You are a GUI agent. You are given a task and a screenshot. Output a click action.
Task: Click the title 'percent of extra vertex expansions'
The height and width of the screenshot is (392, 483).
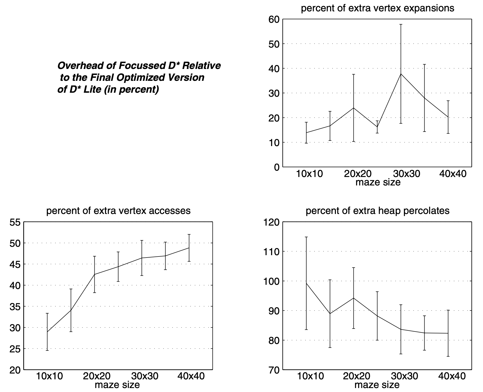click(x=377, y=8)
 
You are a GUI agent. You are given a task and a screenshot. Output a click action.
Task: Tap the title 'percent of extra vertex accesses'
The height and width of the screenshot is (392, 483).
click(x=118, y=211)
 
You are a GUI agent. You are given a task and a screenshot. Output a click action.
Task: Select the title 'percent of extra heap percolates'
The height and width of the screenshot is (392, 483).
click(x=377, y=211)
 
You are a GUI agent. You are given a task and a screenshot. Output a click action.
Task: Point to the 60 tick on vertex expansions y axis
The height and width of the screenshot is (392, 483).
click(x=274, y=19)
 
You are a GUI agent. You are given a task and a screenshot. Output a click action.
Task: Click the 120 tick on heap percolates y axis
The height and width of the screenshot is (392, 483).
click(x=271, y=222)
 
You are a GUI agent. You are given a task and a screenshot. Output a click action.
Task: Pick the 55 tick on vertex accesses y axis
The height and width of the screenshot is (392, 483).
click(x=15, y=222)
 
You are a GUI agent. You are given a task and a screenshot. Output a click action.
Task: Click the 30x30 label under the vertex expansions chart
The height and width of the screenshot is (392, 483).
click(x=406, y=174)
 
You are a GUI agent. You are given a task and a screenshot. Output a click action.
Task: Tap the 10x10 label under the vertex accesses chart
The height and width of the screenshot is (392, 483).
click(x=49, y=376)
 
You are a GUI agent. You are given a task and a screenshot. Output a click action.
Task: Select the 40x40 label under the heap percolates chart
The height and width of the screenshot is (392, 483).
click(x=452, y=376)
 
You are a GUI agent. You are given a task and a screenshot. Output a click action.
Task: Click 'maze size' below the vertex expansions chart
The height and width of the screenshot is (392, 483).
click(x=378, y=182)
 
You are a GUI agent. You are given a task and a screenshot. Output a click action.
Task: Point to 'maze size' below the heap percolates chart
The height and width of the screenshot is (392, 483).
click(x=377, y=385)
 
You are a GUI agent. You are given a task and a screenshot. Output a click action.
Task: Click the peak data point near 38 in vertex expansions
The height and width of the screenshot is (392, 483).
click(x=401, y=74)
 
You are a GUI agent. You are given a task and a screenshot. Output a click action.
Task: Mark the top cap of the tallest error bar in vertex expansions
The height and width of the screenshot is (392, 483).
click(x=401, y=24)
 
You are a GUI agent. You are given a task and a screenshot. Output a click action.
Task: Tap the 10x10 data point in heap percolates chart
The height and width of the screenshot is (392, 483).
click(x=306, y=283)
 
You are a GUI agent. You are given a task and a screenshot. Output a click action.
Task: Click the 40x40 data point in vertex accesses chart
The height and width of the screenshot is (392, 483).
click(x=189, y=248)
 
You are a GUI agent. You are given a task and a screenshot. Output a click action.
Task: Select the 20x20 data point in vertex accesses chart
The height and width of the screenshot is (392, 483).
click(x=94, y=274)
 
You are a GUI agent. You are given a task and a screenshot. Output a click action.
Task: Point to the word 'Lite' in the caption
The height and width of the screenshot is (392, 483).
click(x=92, y=90)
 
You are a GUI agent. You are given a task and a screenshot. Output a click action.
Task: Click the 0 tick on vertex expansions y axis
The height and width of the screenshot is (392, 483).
click(x=277, y=167)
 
